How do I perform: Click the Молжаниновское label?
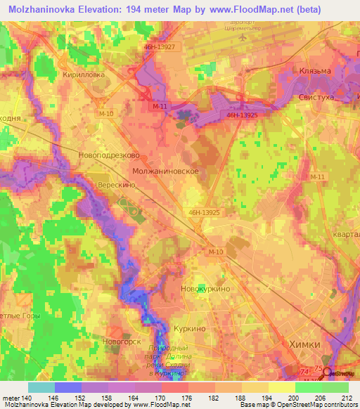169,171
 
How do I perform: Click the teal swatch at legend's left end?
41,387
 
